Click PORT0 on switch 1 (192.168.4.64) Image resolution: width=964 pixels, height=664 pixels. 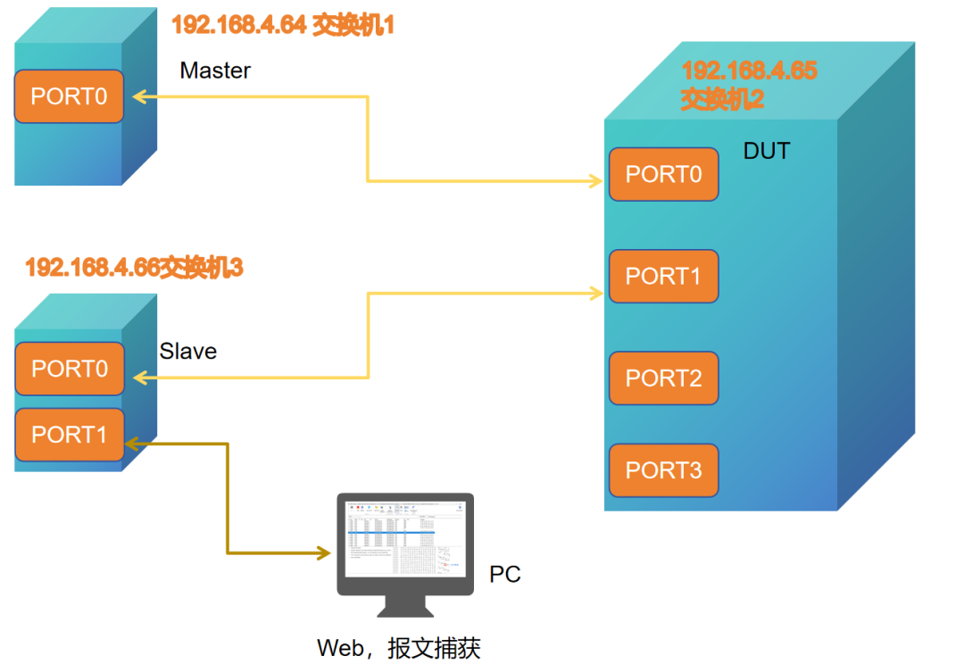(69, 96)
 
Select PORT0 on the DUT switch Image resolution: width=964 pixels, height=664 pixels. (663, 174)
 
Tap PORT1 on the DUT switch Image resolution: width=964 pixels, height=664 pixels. (663, 277)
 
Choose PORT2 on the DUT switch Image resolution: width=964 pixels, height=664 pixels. (663, 378)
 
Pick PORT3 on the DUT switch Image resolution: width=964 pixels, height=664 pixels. (663, 470)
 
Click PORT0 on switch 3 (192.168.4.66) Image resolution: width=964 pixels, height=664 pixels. (69, 369)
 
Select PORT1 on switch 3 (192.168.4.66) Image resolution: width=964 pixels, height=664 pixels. (69, 435)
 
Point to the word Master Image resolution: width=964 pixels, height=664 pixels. (215, 71)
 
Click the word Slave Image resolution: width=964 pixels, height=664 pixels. (187, 352)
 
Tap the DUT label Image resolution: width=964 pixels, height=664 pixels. (767, 152)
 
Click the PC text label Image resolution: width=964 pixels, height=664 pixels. (505, 574)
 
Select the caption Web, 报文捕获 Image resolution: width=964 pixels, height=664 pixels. (399, 648)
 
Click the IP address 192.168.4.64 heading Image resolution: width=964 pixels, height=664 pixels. (238, 25)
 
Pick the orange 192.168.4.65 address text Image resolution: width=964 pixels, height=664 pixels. (749, 71)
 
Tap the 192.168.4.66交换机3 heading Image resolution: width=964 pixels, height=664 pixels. (134, 267)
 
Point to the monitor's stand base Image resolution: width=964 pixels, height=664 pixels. (405, 610)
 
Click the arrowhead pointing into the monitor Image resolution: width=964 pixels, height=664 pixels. (324, 553)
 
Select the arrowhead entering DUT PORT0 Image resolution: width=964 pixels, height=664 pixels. (597, 181)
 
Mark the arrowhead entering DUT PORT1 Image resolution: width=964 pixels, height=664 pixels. (597, 291)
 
